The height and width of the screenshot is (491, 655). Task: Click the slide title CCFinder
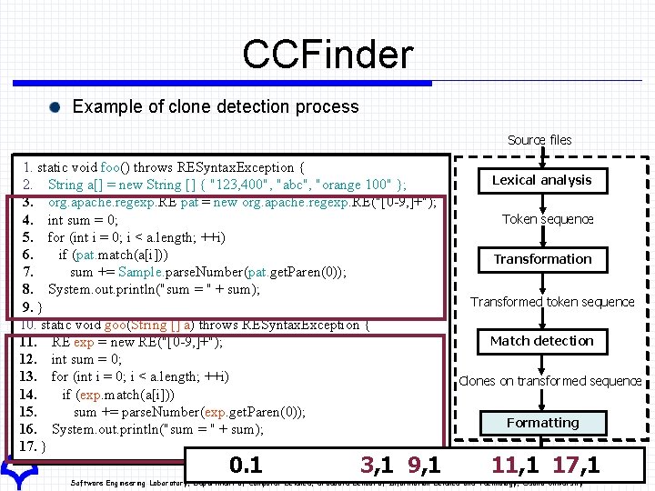327,55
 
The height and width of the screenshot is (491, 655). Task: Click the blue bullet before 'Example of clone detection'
57,107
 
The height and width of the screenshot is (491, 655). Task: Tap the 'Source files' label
539,140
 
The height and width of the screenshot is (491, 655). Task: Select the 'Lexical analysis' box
542,180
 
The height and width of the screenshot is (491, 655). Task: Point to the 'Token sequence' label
548,219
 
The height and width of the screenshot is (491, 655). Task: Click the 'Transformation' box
542,259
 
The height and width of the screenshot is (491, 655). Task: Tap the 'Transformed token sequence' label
552,302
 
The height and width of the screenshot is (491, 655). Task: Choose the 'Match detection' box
542,341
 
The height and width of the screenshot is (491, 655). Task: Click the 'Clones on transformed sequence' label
550,381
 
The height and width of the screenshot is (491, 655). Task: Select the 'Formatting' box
543,423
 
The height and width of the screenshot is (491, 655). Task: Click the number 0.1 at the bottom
246,466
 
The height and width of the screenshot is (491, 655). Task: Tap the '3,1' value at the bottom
377,466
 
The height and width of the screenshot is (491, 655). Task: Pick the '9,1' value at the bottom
424,466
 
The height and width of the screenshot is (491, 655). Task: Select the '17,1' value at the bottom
576,466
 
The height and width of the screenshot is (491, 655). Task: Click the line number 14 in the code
27,395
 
